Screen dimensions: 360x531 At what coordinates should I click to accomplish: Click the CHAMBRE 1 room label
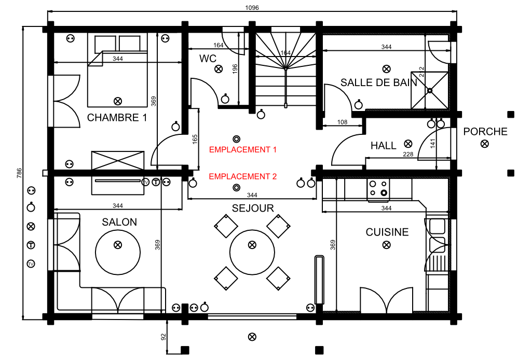pyautogui.click(x=117, y=118)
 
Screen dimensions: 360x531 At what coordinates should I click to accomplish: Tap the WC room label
pyautogui.click(x=208, y=59)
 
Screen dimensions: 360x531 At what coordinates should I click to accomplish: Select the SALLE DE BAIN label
pyautogui.click(x=379, y=82)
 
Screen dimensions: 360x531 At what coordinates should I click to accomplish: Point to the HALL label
pyautogui.click(x=383, y=146)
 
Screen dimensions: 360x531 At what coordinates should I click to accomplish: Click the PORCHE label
pyautogui.click(x=485, y=132)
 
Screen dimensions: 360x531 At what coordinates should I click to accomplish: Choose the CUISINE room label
pyautogui.click(x=387, y=232)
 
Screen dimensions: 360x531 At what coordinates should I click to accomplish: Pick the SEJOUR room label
pyautogui.click(x=253, y=209)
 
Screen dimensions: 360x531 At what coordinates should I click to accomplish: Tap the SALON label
pyautogui.click(x=119, y=222)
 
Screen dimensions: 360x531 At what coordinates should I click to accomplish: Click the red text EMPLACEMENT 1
pyautogui.click(x=243, y=149)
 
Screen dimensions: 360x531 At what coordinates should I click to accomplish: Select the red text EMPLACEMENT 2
pyautogui.click(x=243, y=176)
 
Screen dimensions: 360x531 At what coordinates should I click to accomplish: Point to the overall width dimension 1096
pyautogui.click(x=252, y=7)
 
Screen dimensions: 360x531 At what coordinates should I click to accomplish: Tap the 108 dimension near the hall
pyautogui.click(x=342, y=122)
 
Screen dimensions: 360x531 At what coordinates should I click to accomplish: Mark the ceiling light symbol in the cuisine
pyautogui.click(x=386, y=245)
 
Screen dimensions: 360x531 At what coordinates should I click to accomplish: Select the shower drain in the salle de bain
pyautogui.click(x=430, y=90)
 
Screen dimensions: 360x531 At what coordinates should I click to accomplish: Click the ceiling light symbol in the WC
pyautogui.click(x=219, y=68)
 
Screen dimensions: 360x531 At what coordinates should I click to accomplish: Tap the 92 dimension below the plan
pyautogui.click(x=164, y=337)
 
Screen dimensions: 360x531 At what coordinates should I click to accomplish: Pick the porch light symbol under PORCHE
pyautogui.click(x=484, y=144)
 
